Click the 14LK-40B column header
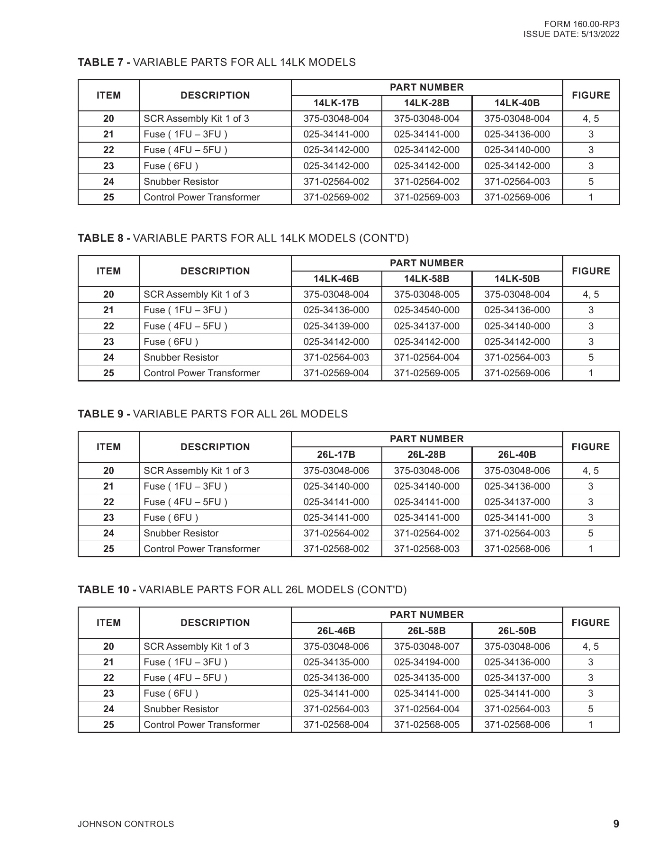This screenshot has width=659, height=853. coord(517,103)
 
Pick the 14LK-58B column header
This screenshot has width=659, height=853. coord(426,279)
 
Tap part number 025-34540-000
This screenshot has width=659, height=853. coord(426,310)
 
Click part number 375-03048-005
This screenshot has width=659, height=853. coord(426,294)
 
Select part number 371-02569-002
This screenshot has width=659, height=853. coord(336,197)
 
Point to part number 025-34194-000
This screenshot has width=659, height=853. coord(426,662)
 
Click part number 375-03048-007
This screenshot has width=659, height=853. coord(426,646)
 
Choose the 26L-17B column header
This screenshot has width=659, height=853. coord(336,454)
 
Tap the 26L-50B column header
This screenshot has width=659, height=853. coord(517,631)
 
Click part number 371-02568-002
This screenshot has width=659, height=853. coord(336,549)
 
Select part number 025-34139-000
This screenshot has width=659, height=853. coord(336,326)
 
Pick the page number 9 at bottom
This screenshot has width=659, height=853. coord(616,824)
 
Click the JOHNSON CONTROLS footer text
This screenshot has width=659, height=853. coord(126,824)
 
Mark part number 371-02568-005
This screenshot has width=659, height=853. coord(426,725)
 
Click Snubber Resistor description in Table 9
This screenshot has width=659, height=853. coord(181,533)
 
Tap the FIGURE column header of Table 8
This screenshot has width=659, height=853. coord(591,271)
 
